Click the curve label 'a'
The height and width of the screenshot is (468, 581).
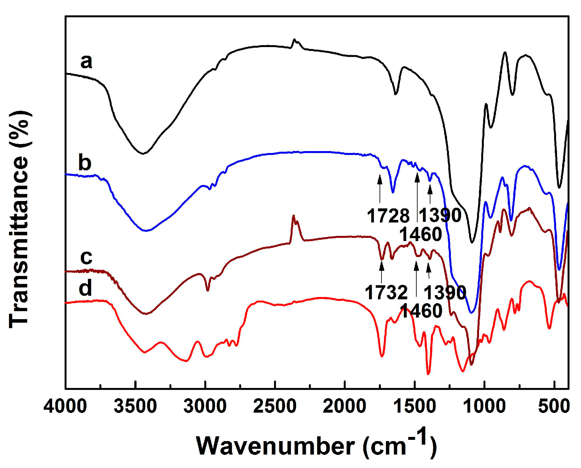(86, 61)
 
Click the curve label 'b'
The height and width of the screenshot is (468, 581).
(85, 163)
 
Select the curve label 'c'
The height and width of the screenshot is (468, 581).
(86, 257)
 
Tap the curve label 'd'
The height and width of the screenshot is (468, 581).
(85, 287)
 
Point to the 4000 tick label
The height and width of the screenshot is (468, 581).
(65, 407)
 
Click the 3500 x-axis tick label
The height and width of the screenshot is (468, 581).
(135, 407)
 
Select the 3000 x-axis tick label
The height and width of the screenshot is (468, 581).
(205, 407)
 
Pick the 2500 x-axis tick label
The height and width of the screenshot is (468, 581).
(275, 407)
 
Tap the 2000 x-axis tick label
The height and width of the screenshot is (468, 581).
(344, 407)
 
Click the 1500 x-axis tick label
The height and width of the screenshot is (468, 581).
(414, 407)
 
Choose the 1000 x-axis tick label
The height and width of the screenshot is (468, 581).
(484, 407)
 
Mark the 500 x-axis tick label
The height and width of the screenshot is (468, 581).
(554, 407)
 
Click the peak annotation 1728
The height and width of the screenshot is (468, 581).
(388, 216)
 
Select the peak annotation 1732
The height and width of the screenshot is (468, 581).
(386, 293)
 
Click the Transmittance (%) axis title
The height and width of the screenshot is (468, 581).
(20, 219)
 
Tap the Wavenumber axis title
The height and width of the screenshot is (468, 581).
(316, 445)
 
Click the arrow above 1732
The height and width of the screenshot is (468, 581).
(381, 272)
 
